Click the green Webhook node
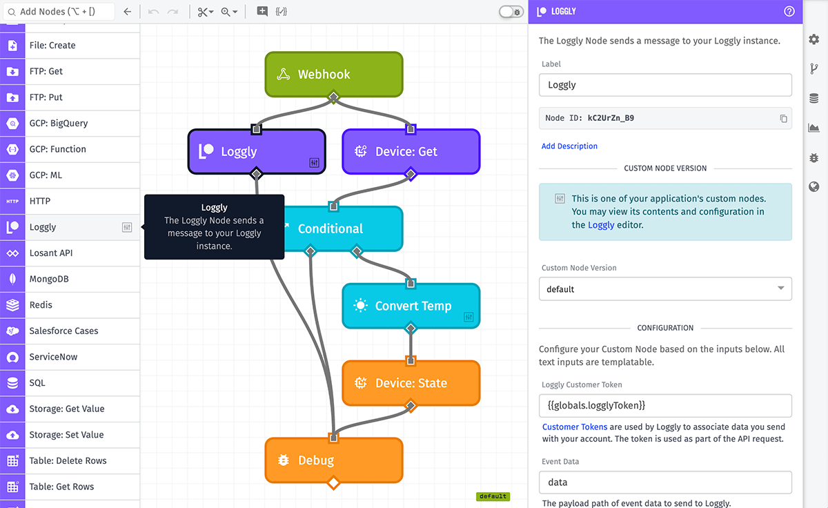point(333,75)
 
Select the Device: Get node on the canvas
point(411,152)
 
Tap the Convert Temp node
point(411,306)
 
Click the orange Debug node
point(333,460)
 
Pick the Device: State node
point(411,383)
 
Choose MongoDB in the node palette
point(48,279)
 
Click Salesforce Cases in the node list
point(63,331)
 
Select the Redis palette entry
point(41,305)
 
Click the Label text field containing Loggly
point(664,85)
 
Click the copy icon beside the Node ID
point(783,119)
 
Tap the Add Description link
point(569,146)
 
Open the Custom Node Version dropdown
point(664,289)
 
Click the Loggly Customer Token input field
point(664,405)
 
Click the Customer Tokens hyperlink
point(575,427)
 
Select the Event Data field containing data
point(664,482)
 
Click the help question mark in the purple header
point(789,11)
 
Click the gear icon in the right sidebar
point(814,39)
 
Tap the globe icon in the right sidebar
point(814,186)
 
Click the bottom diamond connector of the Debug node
point(333,482)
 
